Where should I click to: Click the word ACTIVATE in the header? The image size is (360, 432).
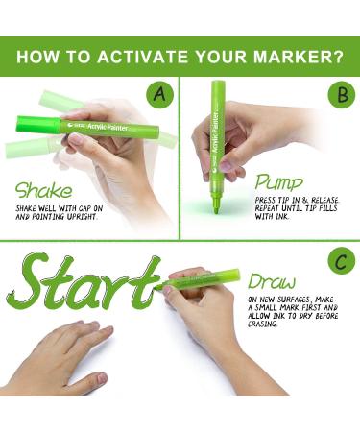pos(143,57)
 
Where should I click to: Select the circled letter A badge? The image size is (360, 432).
pos(160,94)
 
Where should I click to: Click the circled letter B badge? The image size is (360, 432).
pos(342,95)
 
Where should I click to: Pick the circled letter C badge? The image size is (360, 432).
pos(342,263)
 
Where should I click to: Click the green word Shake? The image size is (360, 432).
pos(44,190)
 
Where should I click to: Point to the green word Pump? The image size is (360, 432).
pos(278,183)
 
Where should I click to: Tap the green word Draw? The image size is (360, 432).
pos(272,282)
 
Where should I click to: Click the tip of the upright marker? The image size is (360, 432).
pos(217,211)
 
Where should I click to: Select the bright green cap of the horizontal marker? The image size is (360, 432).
pos(38,124)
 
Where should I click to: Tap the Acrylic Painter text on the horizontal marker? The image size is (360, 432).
pos(108,127)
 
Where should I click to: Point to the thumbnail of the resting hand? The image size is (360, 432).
pos(102,378)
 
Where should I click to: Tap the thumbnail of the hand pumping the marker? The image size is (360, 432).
pos(227,165)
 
